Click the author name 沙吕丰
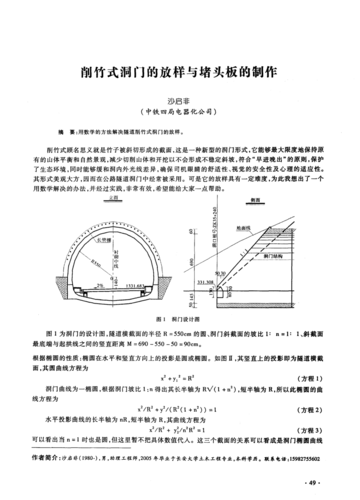180,101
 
